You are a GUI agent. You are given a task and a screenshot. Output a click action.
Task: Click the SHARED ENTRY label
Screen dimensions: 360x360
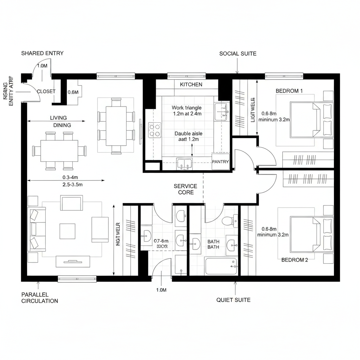coord(42,53)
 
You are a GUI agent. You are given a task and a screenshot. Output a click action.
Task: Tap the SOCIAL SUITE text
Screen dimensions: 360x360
coord(238,54)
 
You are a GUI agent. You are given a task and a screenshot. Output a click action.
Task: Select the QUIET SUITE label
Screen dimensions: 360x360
coord(233,300)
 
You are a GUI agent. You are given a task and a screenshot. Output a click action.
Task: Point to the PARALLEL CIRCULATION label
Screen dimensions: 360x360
coord(39,298)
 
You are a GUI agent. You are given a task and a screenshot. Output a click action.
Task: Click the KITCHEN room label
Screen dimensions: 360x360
coord(191,85)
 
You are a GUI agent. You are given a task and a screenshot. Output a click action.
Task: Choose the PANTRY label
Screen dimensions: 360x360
coord(220,162)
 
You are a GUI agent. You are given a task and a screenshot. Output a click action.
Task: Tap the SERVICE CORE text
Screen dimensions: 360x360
coord(185,189)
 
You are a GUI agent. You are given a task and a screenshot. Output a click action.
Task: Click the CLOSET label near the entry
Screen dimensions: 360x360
coord(46,91)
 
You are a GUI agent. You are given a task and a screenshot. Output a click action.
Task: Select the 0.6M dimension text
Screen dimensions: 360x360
coord(73,92)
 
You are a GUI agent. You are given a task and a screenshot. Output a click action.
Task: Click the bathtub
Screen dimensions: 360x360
coord(221,266)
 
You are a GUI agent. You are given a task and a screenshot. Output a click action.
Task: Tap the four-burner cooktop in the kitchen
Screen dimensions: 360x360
coord(155,130)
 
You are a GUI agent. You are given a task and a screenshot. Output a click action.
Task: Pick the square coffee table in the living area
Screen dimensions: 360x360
coord(67,231)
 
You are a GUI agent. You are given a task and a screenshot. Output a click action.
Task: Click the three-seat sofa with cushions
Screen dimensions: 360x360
coord(37,229)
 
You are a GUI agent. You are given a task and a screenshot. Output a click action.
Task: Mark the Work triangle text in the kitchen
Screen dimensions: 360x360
coord(187,108)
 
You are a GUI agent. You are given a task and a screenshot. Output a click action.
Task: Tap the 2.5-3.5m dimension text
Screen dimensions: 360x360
coord(72,184)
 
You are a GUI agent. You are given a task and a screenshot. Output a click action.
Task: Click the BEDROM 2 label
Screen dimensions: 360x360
coord(295,260)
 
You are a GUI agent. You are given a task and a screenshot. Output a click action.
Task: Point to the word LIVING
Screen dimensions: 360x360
coord(58,118)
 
